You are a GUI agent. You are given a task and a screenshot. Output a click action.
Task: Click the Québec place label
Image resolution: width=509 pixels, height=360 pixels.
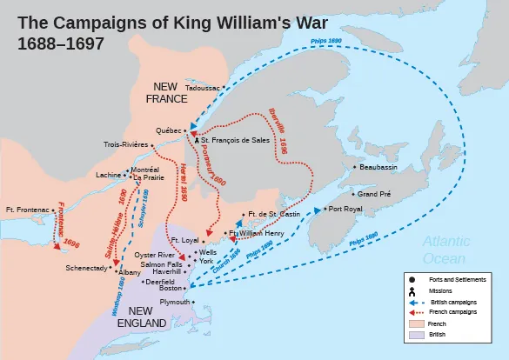168,131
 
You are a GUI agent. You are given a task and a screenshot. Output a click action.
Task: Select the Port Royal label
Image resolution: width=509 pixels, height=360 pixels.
345,210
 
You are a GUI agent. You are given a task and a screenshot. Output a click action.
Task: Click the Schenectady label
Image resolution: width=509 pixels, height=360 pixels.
86,268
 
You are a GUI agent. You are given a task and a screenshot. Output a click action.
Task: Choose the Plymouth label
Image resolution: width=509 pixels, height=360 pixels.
175,302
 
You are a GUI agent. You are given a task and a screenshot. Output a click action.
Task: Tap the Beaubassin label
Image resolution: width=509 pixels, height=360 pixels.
379,166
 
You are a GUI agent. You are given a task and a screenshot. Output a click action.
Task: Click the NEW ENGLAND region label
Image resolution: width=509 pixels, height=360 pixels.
142,317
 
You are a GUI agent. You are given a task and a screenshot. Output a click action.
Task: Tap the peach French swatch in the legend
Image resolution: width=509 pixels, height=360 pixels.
413,323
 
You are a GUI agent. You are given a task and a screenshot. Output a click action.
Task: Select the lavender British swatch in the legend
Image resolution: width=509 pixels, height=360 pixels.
413,335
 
